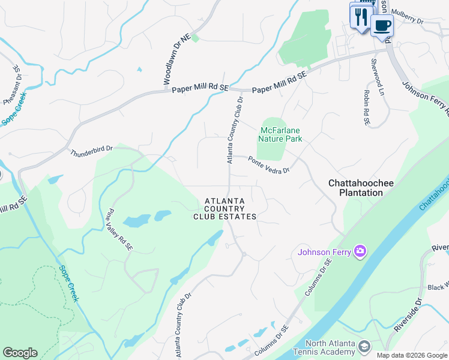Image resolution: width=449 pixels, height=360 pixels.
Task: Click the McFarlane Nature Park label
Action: (x=280, y=134)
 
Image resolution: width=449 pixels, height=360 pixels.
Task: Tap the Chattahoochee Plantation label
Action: (x=355, y=187)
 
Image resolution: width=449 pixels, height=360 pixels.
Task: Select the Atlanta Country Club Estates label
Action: (x=224, y=209)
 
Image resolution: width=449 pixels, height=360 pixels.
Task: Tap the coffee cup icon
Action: (x=381, y=25)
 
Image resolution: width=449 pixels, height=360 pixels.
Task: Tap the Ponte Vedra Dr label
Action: (x=269, y=164)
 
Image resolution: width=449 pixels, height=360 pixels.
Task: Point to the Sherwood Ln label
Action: (x=377, y=77)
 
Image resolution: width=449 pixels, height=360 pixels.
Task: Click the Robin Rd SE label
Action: (x=366, y=109)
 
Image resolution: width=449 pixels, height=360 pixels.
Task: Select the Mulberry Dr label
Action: (x=407, y=15)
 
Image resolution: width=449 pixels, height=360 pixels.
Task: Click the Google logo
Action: (x=20, y=353)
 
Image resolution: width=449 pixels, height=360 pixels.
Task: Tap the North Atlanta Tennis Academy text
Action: (x=322, y=348)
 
